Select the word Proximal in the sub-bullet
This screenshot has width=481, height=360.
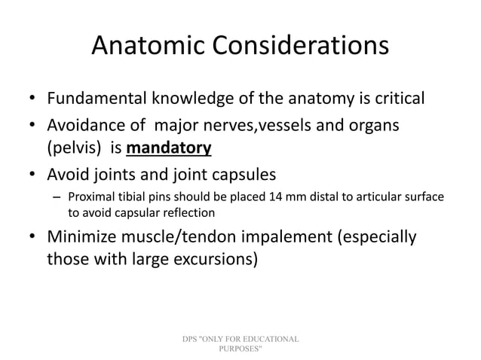coord(96,197)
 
